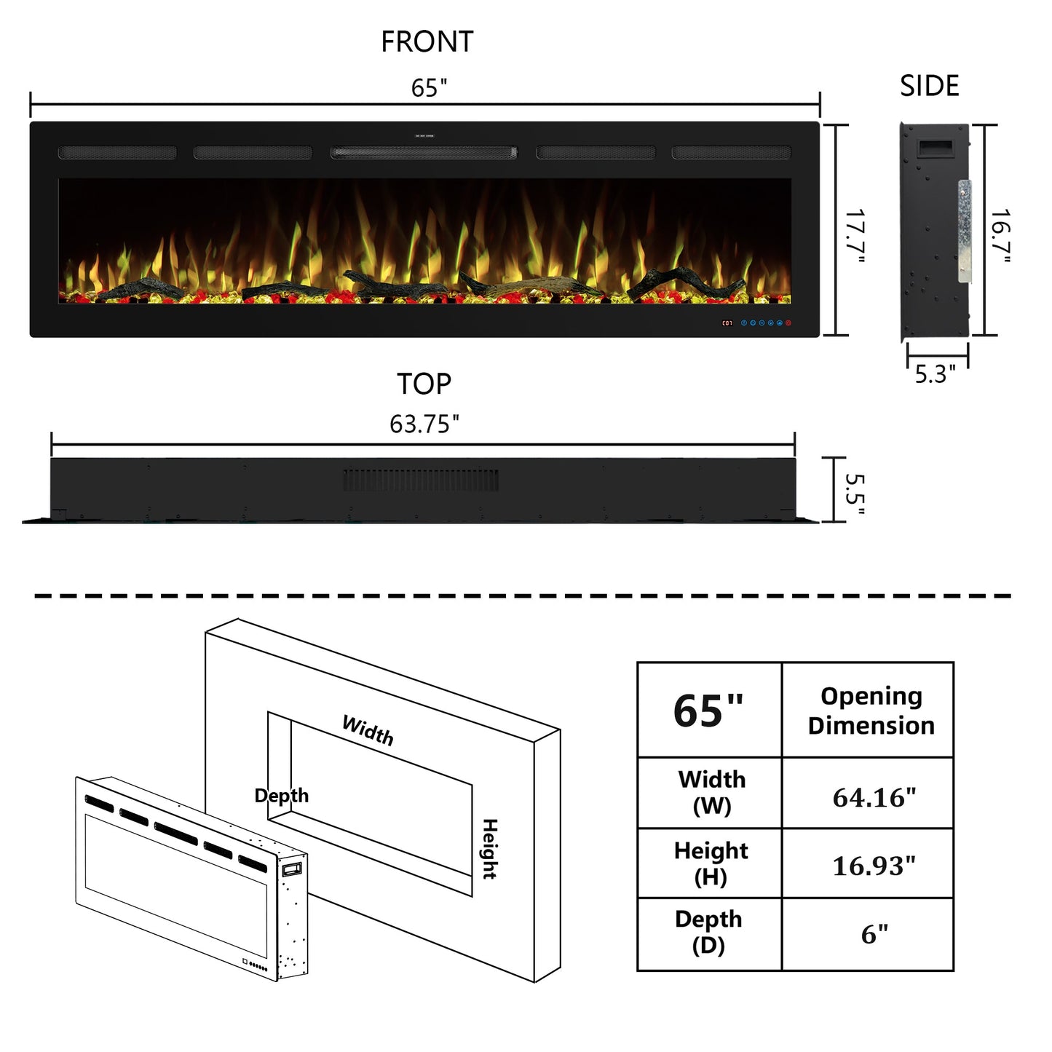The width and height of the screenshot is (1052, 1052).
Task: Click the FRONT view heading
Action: click(427, 41)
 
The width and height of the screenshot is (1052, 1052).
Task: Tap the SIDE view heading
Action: click(929, 86)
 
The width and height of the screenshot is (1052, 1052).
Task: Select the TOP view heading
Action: click(424, 384)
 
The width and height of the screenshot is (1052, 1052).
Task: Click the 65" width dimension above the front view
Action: click(429, 88)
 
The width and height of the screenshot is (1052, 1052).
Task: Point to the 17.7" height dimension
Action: click(855, 236)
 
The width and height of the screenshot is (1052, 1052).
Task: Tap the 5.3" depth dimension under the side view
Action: click(936, 374)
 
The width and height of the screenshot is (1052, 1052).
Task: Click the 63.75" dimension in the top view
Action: click(424, 424)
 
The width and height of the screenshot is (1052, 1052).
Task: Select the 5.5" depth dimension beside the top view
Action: click(855, 494)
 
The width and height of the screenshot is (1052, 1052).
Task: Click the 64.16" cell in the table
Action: click(874, 798)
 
